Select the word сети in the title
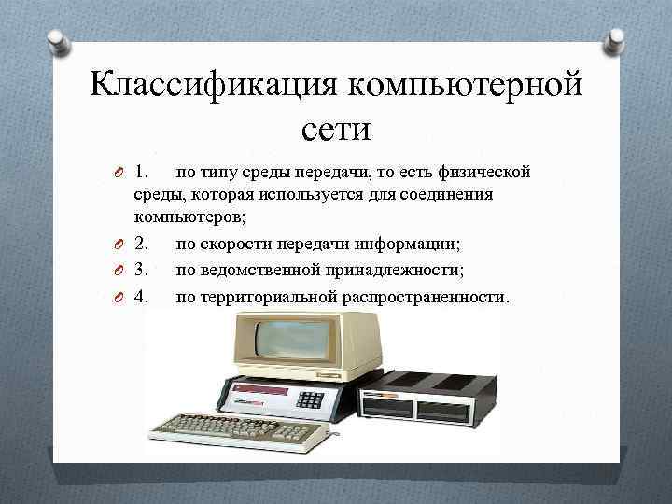(336, 127)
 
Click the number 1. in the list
(144, 172)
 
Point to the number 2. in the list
(144, 245)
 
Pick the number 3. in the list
(144, 270)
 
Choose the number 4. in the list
(144, 295)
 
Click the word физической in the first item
(483, 172)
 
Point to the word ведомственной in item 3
(249, 270)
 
